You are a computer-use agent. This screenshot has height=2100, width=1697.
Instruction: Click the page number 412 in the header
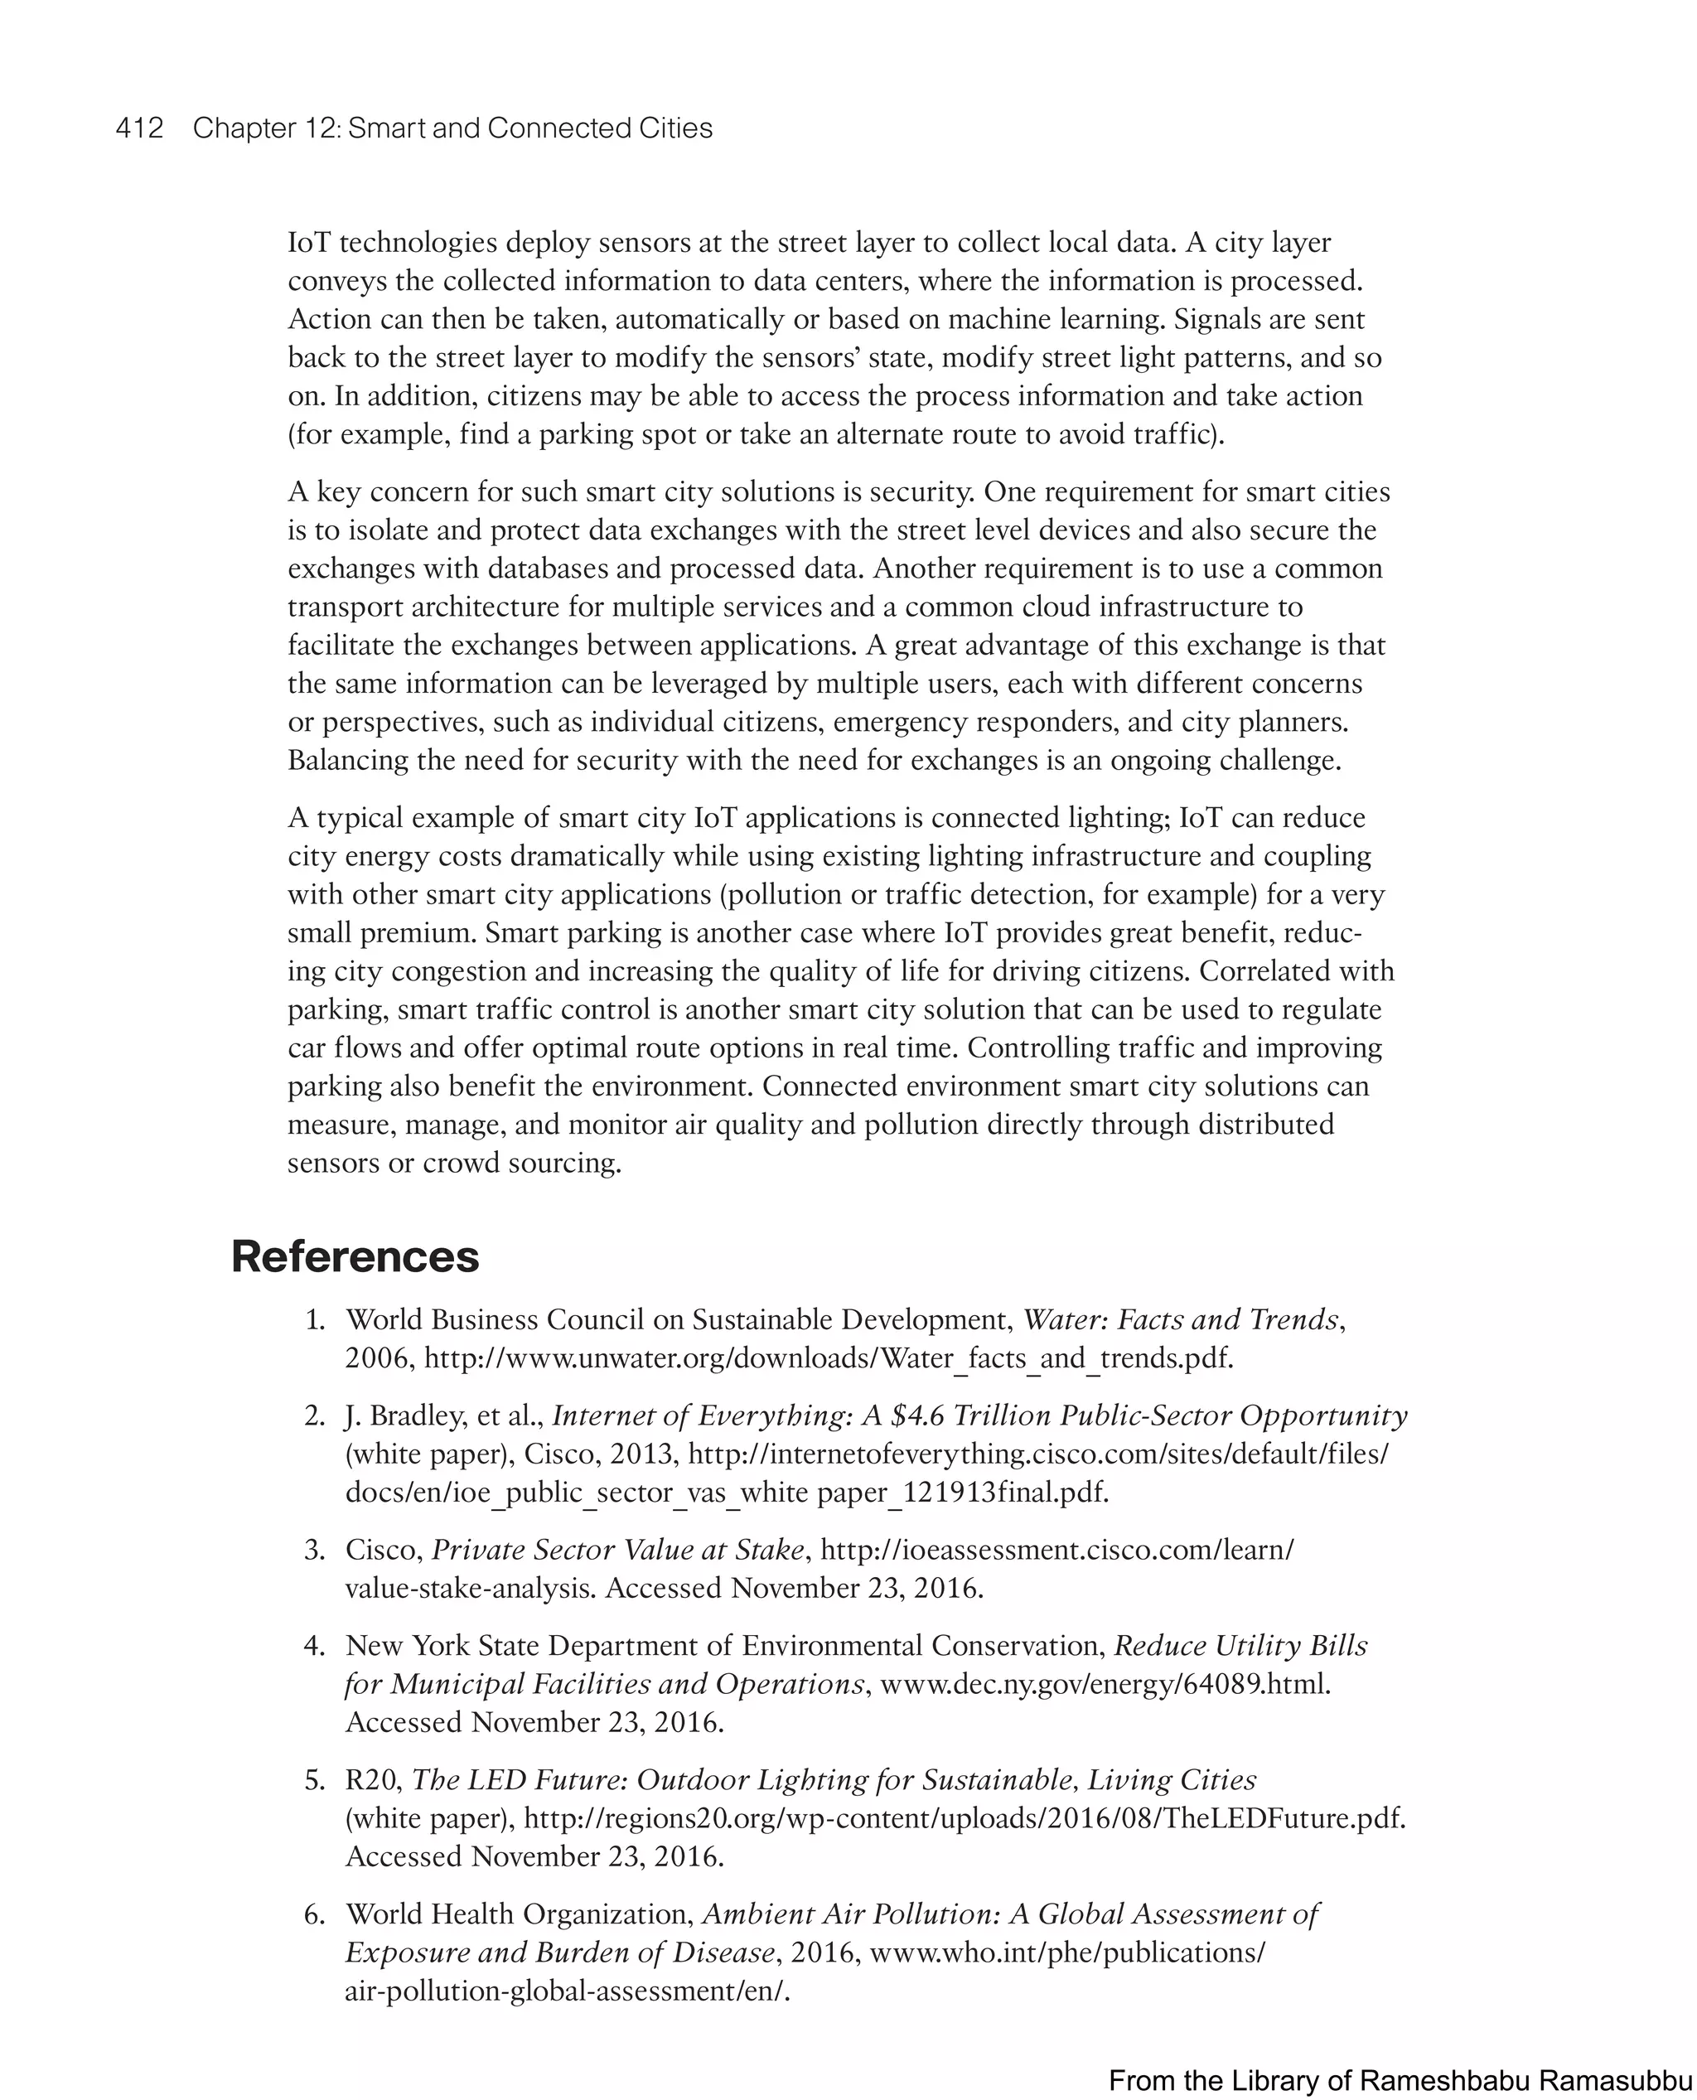click(x=139, y=128)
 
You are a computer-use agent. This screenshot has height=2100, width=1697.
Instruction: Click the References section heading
click(x=355, y=1256)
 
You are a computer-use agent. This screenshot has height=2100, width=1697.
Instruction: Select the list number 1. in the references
click(x=314, y=1321)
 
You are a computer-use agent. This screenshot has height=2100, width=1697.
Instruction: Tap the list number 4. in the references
click(x=314, y=1647)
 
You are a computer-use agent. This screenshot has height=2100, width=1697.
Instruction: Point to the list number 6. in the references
click(x=314, y=1914)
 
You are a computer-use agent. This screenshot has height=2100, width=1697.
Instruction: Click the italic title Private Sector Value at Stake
click(x=618, y=1551)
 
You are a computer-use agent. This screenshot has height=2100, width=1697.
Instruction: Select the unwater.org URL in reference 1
click(x=828, y=1359)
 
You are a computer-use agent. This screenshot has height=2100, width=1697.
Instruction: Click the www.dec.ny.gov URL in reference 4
click(x=1105, y=1685)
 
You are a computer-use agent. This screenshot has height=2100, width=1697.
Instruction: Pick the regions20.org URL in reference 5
click(x=964, y=1819)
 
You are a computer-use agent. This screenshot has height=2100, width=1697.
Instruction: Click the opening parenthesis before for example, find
click(x=292, y=435)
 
